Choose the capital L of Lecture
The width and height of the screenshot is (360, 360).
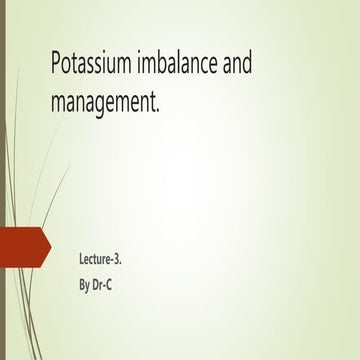[x=81, y=259]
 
